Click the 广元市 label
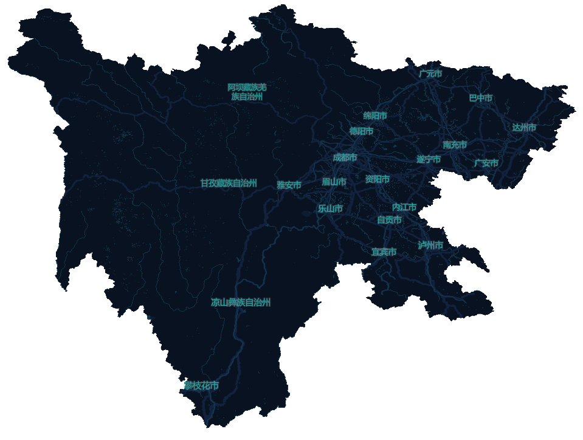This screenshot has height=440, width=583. click(430, 74)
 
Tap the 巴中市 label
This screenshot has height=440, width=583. click(480, 98)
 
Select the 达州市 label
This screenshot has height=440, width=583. click(524, 128)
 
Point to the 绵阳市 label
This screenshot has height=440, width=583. click(375, 115)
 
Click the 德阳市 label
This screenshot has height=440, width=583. click(361, 131)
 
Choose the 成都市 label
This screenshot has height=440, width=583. click(345, 157)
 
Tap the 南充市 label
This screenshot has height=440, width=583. click(455, 145)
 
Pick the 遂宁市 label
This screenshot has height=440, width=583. click(429, 159)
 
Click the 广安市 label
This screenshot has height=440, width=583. click(486, 163)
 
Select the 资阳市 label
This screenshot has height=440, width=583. click(378, 179)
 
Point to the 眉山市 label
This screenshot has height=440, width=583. click(334, 182)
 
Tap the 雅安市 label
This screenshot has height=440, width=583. click(289, 185)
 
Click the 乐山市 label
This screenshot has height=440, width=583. click(330, 208)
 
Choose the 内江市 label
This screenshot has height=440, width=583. click(404, 207)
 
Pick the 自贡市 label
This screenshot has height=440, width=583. click(389, 220)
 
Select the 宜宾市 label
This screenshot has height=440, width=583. click(384, 252)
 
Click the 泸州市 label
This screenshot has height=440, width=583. click(430, 245)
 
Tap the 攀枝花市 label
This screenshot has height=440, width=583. click(202, 386)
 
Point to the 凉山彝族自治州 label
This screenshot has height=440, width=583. click(241, 302)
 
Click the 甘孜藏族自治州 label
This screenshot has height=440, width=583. click(229, 183)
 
